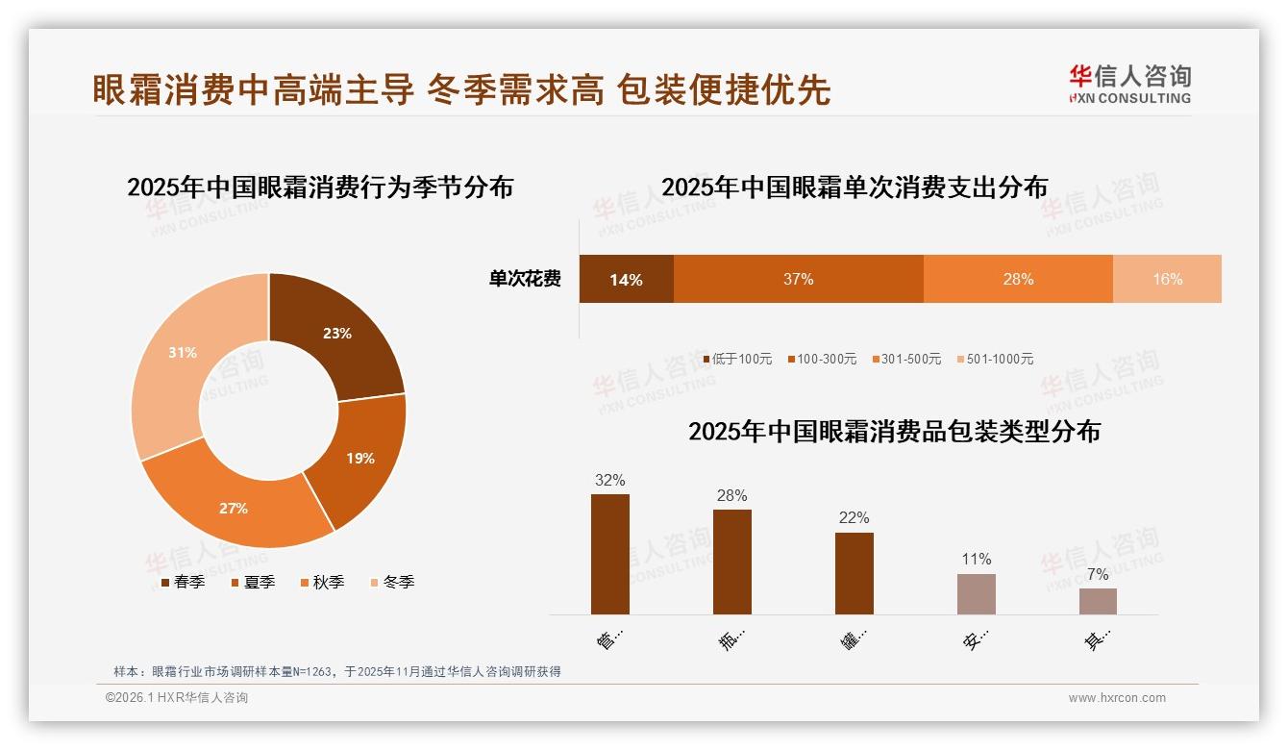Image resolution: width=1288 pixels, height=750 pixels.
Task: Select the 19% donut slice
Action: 360,459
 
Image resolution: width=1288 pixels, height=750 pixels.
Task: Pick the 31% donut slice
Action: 183,354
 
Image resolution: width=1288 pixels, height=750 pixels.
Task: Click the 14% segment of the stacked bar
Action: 626,279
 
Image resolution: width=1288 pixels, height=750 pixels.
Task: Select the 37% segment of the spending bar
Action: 798,279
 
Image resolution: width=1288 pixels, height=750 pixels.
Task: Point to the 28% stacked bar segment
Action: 1018,279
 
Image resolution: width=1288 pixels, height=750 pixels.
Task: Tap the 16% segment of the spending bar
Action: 1167,279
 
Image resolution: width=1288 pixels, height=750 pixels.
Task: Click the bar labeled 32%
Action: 610,554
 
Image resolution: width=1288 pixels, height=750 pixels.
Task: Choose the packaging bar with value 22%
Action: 854,573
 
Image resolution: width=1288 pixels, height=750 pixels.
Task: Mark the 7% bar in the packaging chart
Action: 1098,601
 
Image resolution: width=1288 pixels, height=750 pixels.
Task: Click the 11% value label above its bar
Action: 977,560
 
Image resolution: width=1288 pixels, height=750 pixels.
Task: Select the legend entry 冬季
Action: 393,582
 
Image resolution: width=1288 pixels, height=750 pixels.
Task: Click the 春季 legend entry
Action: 183,582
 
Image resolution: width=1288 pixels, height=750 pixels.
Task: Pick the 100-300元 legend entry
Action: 822,359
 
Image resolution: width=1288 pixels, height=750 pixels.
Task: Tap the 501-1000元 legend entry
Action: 995,359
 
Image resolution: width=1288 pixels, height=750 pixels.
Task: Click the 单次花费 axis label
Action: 525,279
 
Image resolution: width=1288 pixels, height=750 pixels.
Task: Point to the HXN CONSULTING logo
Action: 1130,85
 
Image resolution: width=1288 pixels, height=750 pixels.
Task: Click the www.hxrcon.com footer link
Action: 1117,698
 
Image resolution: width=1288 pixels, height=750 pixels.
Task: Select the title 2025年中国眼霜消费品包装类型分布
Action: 894,432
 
